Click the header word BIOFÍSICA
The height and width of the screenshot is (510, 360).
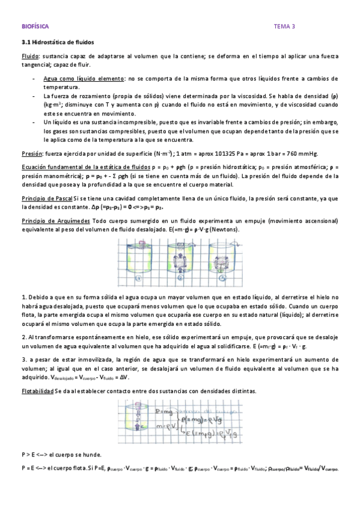[x=35, y=26]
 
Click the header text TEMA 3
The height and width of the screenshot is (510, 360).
[x=284, y=26]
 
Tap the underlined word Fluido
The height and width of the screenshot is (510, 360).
[x=29, y=57]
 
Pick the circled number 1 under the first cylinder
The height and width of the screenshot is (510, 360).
[x=138, y=278]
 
